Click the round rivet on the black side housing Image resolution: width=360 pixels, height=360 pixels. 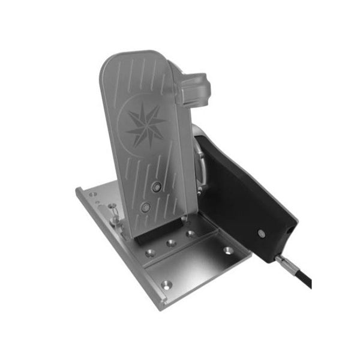pyautogui.click(x=262, y=232)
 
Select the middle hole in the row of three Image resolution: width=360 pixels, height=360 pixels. pyautogui.click(x=171, y=243)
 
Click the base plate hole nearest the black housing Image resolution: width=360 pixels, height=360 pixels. pyautogui.click(x=227, y=250)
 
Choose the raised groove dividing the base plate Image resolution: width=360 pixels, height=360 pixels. pyautogui.click(x=180, y=255)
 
